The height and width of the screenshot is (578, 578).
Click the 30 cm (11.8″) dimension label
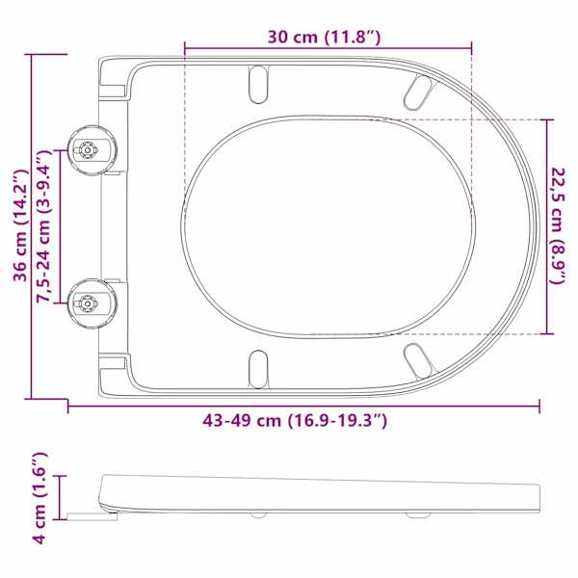324,37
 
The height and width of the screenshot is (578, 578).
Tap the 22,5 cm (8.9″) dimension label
557,226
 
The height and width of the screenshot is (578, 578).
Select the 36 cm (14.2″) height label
20,225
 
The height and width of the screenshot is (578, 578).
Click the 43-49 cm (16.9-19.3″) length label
295,420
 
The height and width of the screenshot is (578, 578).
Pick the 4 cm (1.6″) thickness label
39,498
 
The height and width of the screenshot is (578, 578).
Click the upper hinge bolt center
88,149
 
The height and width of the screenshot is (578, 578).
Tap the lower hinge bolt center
88,303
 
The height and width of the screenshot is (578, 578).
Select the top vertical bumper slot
257,85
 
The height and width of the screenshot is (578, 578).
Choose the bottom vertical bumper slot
258,369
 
